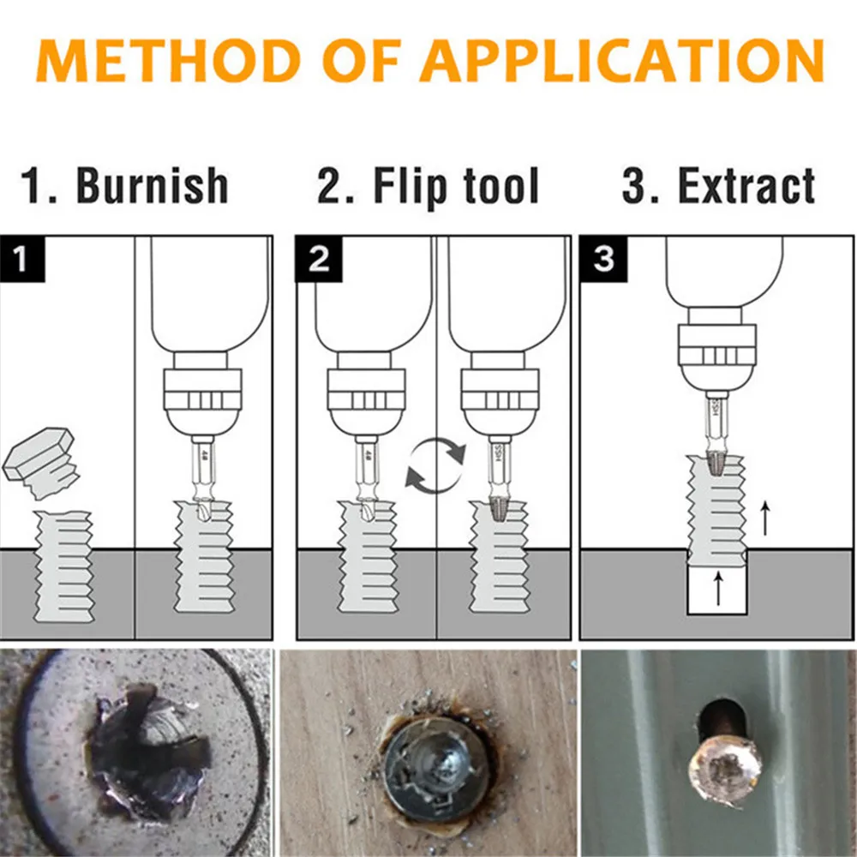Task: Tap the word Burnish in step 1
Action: click(x=153, y=186)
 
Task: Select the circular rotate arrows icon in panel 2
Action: click(x=435, y=465)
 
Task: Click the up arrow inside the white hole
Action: click(x=718, y=589)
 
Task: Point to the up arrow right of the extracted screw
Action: click(x=764, y=518)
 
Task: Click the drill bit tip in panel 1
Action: click(x=203, y=511)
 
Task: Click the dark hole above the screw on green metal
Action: click(x=716, y=716)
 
